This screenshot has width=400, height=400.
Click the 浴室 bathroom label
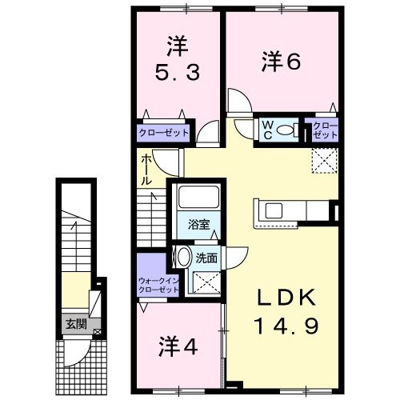199,224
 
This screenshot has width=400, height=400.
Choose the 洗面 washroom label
206,258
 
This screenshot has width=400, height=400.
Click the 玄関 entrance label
76,324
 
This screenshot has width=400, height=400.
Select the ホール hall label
147,170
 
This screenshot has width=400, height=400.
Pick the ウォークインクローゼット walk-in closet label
158,285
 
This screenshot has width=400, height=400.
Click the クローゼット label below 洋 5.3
164,133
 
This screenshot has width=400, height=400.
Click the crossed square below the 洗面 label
206,282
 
